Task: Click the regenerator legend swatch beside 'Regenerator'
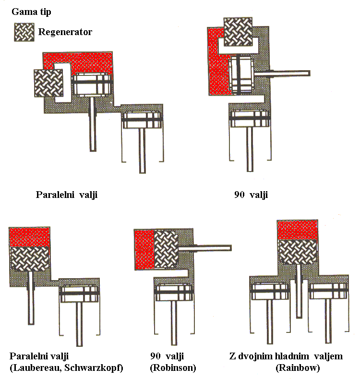coord(24,32)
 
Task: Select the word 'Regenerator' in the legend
coord(65,32)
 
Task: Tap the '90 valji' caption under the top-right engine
coord(249,195)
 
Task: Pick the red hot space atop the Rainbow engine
coord(298,230)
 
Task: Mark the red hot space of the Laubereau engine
coord(30,237)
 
